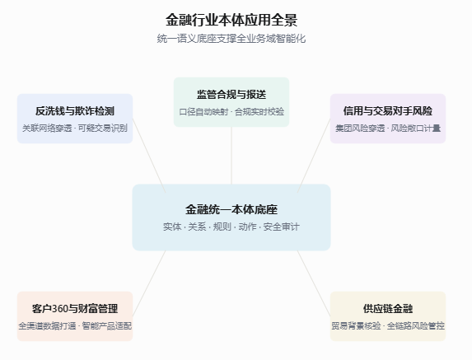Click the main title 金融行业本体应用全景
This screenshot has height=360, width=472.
pyautogui.click(x=231, y=20)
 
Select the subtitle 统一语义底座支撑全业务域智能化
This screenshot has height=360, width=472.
pyautogui.click(x=231, y=39)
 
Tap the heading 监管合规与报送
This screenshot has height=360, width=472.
pyautogui.click(x=231, y=95)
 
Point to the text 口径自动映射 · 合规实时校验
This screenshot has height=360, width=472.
pyautogui.click(x=231, y=112)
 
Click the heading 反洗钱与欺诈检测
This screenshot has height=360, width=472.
pyautogui.click(x=75, y=111)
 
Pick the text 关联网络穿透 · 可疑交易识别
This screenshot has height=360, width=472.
pyautogui.click(x=75, y=129)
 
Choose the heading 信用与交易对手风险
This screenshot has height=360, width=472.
pyautogui.click(x=388, y=111)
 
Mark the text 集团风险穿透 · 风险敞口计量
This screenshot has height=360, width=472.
pyautogui.click(x=388, y=129)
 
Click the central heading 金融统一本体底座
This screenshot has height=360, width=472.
pyautogui.click(x=231, y=209)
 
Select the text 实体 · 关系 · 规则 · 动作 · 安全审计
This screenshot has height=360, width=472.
pyautogui.click(x=231, y=227)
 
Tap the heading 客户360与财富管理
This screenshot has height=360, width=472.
pyautogui.click(x=75, y=309)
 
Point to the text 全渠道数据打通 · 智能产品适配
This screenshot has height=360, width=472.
pyautogui.click(x=75, y=325)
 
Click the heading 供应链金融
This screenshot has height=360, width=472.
pyautogui.click(x=388, y=309)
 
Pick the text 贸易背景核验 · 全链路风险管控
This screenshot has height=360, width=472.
pyautogui.click(x=388, y=325)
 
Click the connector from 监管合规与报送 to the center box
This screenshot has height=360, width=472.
pyautogui.click(x=231, y=156)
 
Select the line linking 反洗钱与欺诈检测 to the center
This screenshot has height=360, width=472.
pyautogui.click(x=149, y=156)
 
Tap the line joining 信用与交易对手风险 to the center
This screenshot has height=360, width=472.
pyautogui.click(x=314, y=156)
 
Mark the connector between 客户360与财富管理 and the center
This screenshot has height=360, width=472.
pyautogui.click(x=149, y=283)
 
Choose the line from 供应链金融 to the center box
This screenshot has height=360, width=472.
pyautogui.click(x=314, y=283)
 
